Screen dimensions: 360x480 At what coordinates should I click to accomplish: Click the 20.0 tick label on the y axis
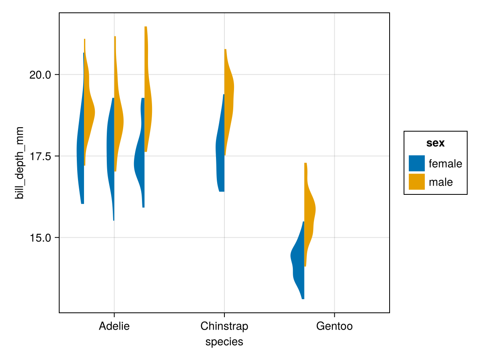(x=40, y=75)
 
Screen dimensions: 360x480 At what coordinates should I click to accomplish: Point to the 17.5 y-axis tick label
(x=40, y=156)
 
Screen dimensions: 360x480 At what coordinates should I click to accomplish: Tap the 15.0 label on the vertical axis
(x=40, y=238)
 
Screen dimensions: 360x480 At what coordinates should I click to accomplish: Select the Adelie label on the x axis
(x=114, y=326)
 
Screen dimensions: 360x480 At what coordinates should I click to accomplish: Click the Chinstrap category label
(x=224, y=326)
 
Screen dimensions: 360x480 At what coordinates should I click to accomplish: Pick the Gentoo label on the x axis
(x=334, y=326)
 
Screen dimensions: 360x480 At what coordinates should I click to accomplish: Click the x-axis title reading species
(x=224, y=342)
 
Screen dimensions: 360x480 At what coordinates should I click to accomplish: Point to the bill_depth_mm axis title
(x=19, y=162)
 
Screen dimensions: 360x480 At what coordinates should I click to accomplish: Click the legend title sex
(x=435, y=143)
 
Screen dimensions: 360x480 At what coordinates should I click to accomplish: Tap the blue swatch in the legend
(x=416, y=163)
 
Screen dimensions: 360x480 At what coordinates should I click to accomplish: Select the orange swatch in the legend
(x=416, y=182)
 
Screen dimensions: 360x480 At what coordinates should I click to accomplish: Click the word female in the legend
(x=445, y=164)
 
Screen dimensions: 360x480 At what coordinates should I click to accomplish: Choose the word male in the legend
(x=441, y=182)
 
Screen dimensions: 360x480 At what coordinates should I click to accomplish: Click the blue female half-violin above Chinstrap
(x=220, y=152)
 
